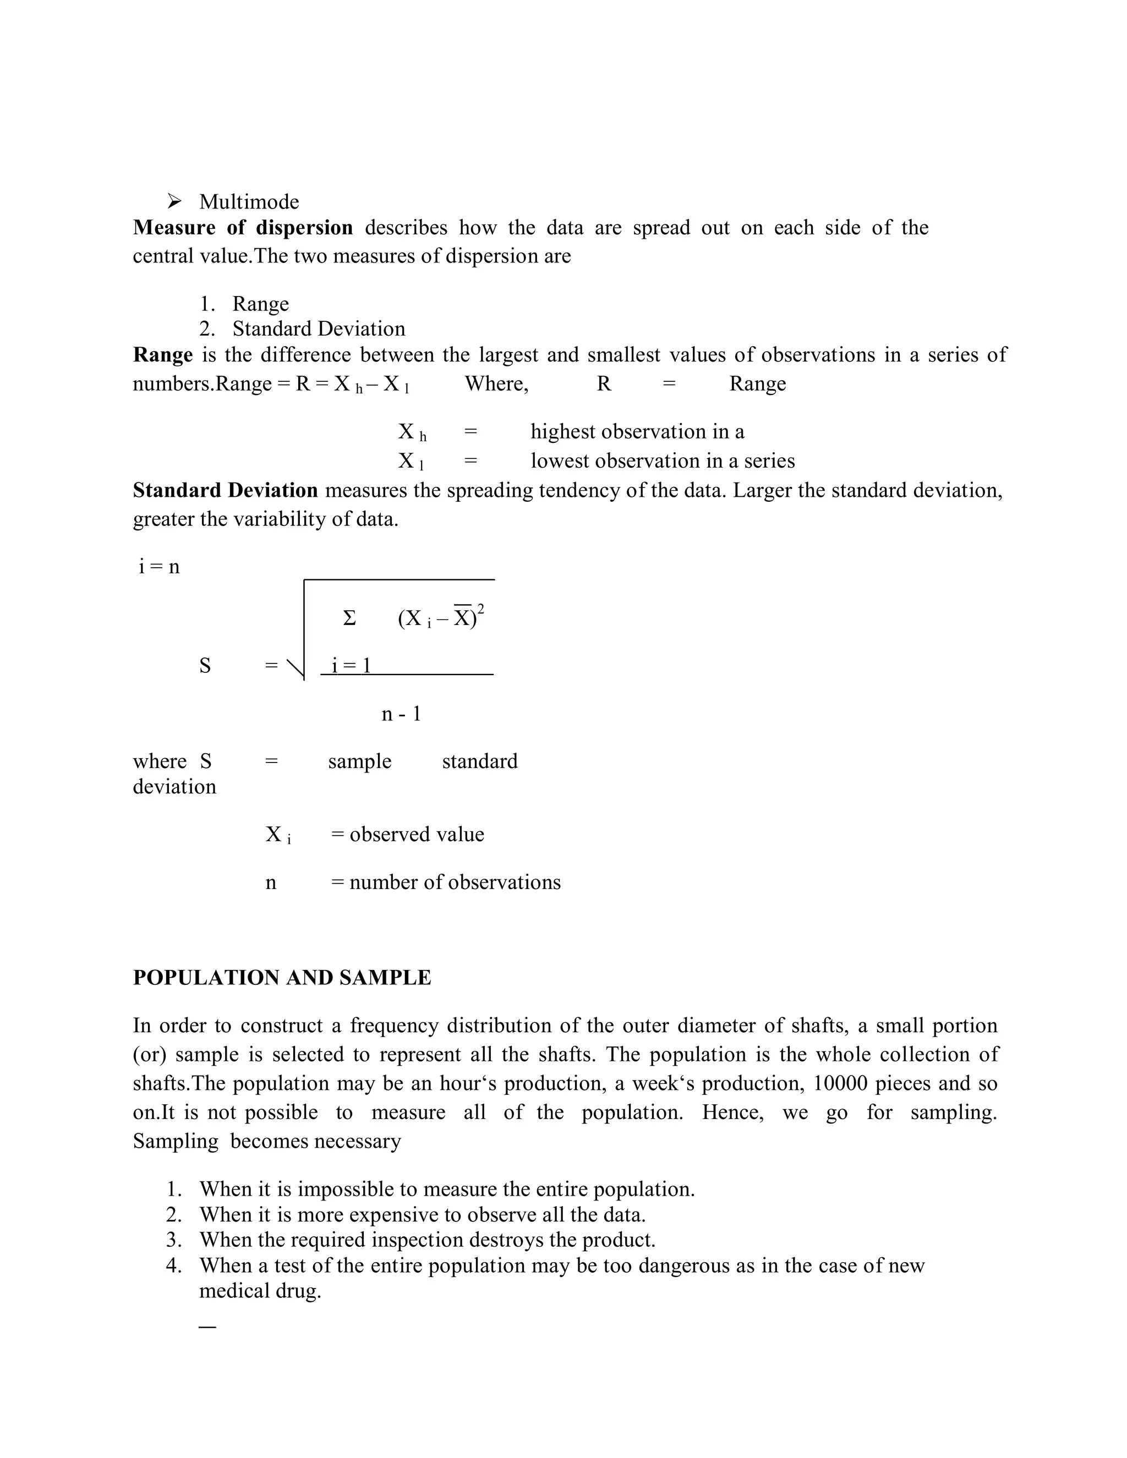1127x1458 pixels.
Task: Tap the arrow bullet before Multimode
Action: (174, 201)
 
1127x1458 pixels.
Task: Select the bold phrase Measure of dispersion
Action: (243, 228)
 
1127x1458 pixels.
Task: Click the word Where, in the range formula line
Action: (496, 384)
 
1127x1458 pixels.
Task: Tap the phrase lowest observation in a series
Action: (663, 461)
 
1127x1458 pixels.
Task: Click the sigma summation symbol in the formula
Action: (349, 619)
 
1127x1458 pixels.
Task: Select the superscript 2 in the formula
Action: (481, 608)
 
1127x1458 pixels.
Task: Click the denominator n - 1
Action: (401, 714)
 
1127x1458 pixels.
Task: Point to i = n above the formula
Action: (159, 567)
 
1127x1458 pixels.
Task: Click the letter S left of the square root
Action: (205, 666)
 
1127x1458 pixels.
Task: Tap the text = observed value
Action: (407, 835)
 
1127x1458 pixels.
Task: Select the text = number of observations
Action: (445, 883)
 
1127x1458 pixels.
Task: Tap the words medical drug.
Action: (260, 1290)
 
